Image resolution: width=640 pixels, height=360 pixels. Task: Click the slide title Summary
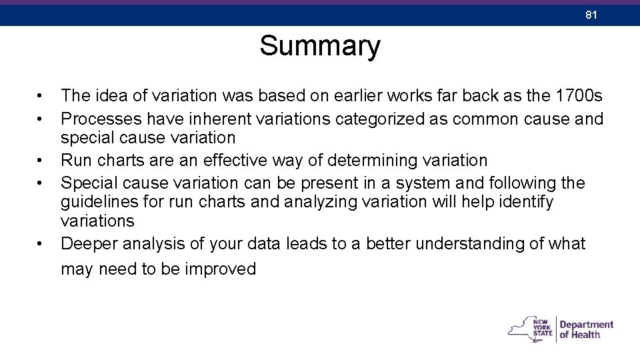tap(320, 47)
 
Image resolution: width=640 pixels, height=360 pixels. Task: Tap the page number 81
tap(589, 13)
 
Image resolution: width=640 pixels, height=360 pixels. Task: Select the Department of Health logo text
tap(586, 329)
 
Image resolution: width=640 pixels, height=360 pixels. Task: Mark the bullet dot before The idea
tap(41, 97)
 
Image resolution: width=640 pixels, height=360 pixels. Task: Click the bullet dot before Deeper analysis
tap(41, 245)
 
